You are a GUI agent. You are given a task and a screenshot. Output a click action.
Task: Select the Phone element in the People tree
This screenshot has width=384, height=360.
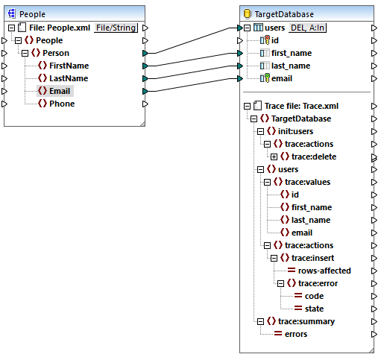62,104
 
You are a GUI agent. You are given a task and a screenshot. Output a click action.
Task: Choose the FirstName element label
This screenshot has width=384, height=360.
69,66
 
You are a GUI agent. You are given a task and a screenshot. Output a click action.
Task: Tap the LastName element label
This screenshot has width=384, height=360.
69,78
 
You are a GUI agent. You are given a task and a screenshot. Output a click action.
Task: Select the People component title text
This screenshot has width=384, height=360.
33,13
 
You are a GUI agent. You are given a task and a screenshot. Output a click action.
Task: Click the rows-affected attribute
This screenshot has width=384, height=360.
324,271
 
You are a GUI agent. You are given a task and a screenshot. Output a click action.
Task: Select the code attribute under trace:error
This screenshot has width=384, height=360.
314,296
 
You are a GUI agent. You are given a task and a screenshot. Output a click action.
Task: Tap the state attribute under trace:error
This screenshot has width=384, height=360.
314,309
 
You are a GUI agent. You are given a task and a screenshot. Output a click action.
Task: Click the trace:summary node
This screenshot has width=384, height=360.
306,321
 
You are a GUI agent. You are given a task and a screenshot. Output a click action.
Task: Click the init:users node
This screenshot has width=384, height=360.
298,131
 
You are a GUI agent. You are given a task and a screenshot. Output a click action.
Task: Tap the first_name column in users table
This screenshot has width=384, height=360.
291,53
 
